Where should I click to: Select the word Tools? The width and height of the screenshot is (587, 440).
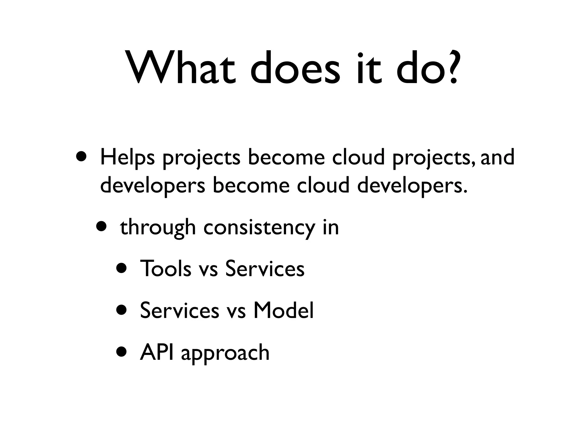[165, 269]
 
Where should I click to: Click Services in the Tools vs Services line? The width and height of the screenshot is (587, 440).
[265, 269]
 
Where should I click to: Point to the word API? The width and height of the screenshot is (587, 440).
[156, 352]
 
